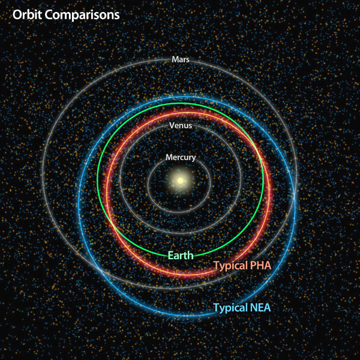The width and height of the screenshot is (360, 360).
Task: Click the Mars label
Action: [x=181, y=59]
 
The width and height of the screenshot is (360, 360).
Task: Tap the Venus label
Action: [x=181, y=125]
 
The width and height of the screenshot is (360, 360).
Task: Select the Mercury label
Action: [x=181, y=157]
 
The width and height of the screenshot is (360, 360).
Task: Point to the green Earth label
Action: [x=181, y=256]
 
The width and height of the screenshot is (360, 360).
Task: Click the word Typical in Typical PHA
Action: [x=230, y=266]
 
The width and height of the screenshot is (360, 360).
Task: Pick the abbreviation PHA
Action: [x=260, y=265]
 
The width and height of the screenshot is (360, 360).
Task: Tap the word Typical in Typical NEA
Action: [x=230, y=308]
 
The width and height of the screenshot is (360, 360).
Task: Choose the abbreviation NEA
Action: [x=260, y=307]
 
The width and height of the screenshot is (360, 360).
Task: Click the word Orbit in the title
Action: [x=28, y=14]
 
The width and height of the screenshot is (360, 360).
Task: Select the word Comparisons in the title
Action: [x=82, y=15]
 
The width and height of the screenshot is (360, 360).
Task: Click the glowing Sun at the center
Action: [x=181, y=181]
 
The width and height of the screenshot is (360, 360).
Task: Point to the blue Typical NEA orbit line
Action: [x=79, y=202]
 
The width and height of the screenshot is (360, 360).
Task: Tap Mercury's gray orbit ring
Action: [x=148, y=184]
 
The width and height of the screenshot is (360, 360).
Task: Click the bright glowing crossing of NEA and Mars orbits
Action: [x=295, y=195]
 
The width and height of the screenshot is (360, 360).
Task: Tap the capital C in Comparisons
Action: [x=49, y=15]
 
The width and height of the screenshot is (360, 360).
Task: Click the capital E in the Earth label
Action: [x=170, y=256]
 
